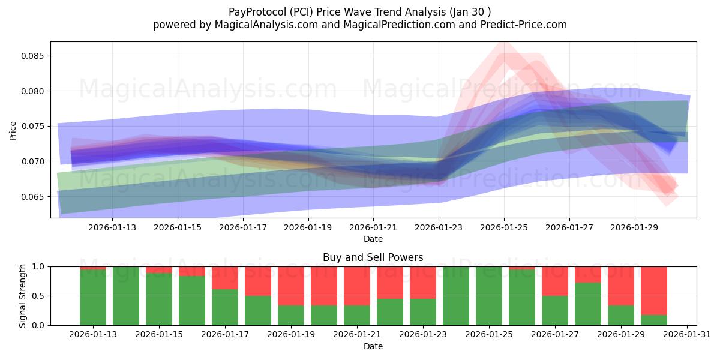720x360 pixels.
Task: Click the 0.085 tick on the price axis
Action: click(34, 56)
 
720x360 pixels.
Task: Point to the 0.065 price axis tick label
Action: click(34, 197)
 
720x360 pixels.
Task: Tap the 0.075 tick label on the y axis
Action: click(34, 126)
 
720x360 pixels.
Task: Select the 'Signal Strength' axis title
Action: click(22, 296)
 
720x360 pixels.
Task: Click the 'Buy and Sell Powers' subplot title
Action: click(373, 257)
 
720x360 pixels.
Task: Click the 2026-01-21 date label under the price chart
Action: click(373, 227)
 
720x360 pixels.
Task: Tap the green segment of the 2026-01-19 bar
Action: click(291, 316)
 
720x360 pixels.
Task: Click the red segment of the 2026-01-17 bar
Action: click(225, 278)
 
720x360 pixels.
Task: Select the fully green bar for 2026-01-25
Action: click(489, 296)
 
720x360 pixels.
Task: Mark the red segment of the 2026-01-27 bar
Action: click(555, 281)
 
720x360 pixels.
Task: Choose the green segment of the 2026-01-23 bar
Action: click(423, 312)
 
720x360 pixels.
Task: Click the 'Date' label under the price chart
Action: click(373, 239)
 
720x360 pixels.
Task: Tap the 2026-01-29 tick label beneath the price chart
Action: click(635, 227)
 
